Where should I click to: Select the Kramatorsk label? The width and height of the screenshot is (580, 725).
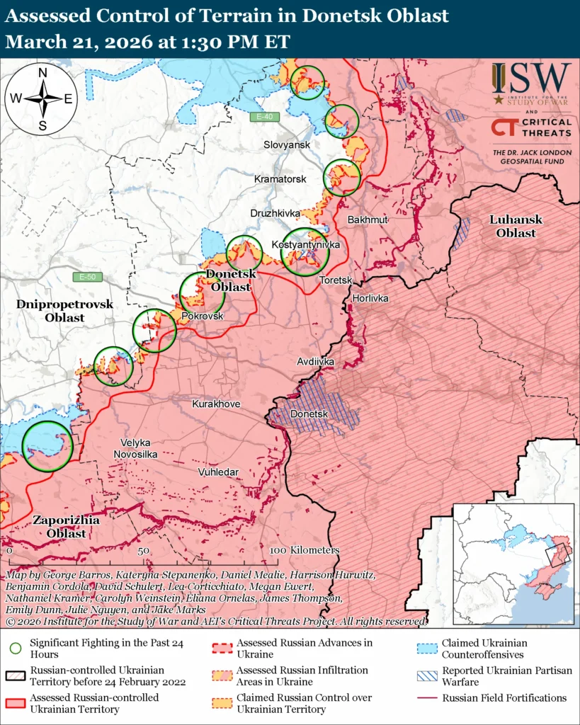point(280,179)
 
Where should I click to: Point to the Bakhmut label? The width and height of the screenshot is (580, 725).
point(368,220)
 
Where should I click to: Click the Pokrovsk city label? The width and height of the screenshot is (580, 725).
point(203,316)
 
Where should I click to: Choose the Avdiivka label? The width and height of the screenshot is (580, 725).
point(315,362)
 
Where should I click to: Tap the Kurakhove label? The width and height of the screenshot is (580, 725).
point(216,404)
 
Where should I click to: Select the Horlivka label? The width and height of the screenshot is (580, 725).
point(370,299)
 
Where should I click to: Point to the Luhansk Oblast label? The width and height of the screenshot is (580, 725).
point(516,226)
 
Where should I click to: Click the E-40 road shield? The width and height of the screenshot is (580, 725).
point(266,117)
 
